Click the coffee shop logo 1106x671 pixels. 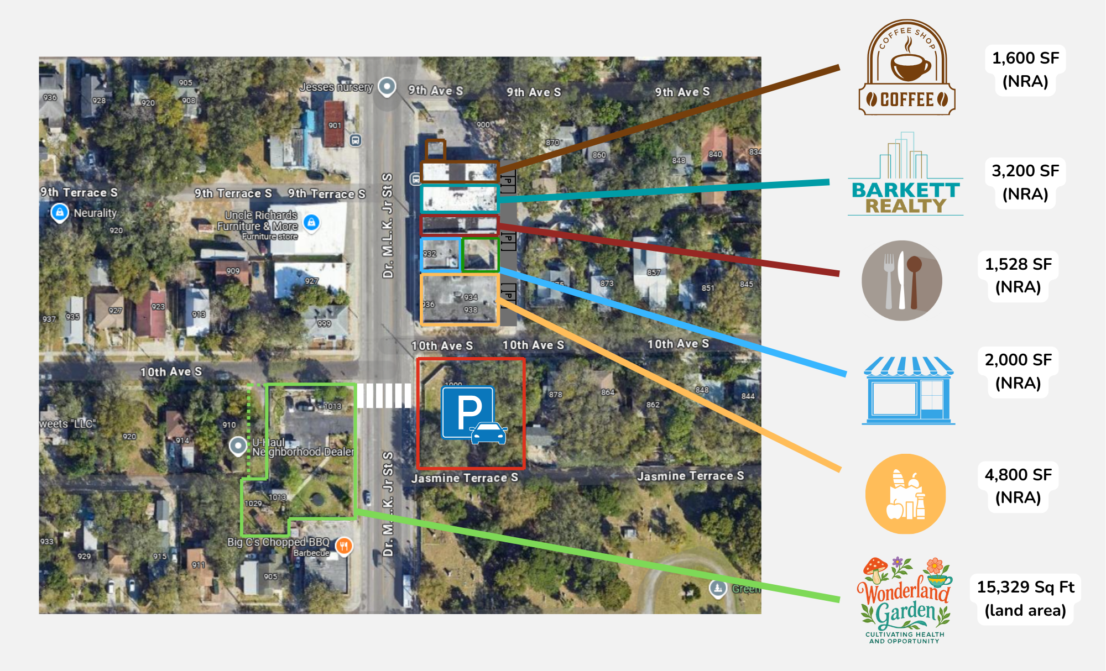click(x=907, y=68)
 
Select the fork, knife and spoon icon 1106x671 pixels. click(x=901, y=281)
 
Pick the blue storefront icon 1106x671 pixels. click(x=909, y=390)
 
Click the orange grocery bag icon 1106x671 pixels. click(x=905, y=494)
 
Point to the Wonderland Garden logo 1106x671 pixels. click(x=905, y=600)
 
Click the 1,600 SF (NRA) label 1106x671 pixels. click(x=1025, y=70)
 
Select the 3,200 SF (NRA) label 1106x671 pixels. click(x=1025, y=182)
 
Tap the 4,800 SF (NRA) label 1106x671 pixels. click(x=1018, y=486)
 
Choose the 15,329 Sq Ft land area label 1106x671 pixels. click(x=1025, y=599)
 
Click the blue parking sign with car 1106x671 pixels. click(x=473, y=414)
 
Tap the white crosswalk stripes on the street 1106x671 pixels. click(x=384, y=396)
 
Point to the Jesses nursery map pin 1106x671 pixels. click(x=387, y=86)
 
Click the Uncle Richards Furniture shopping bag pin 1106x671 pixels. click(x=311, y=222)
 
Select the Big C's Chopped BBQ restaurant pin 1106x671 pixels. click(x=344, y=546)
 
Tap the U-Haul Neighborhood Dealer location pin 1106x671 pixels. click(x=238, y=445)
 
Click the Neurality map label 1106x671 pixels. click(x=95, y=213)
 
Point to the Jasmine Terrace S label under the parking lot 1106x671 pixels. click(x=465, y=478)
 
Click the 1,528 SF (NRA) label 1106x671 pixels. click(x=1018, y=275)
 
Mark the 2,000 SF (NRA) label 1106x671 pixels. click(x=1018, y=371)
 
